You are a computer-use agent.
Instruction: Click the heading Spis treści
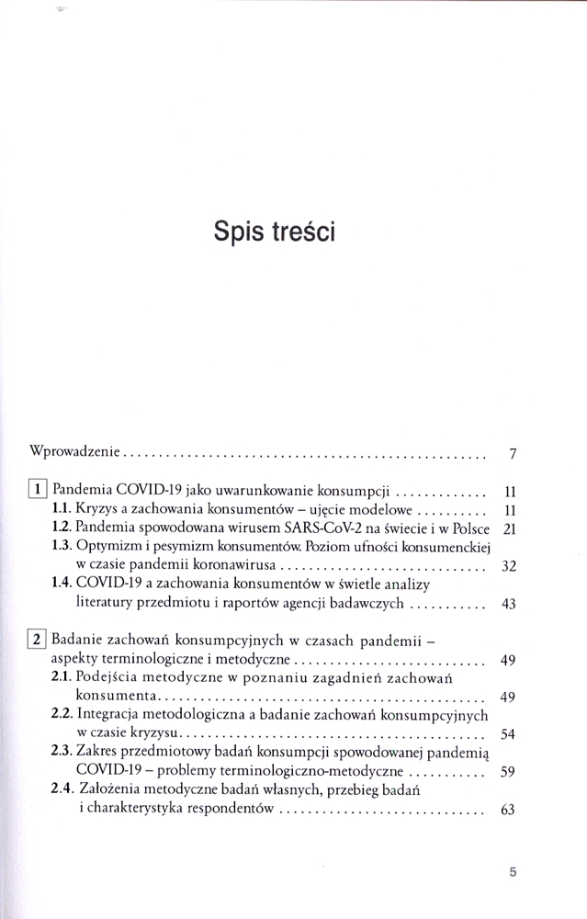(x=274, y=231)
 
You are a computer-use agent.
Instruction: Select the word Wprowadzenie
(x=76, y=453)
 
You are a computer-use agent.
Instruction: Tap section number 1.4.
(x=62, y=584)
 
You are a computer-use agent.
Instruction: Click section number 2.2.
(x=62, y=714)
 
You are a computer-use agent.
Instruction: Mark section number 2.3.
(x=62, y=751)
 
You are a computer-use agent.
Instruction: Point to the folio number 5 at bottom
(x=514, y=872)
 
